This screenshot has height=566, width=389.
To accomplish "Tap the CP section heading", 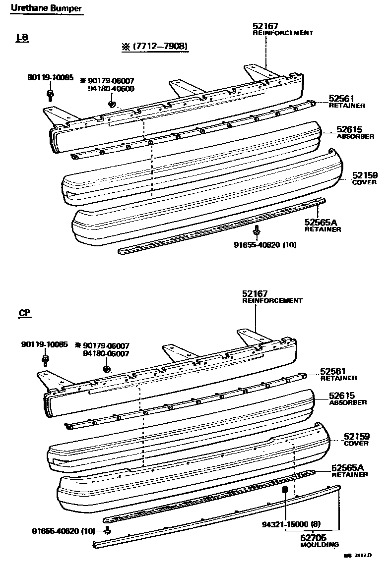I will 25,313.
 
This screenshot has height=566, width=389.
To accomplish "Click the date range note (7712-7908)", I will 155,47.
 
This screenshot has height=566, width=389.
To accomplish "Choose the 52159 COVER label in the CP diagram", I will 356,440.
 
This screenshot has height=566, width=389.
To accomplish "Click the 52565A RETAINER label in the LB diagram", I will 323,226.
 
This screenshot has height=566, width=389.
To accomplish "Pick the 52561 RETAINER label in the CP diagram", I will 338,374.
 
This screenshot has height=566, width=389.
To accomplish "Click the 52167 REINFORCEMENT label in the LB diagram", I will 282,29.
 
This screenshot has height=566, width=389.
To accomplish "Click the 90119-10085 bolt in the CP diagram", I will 45,360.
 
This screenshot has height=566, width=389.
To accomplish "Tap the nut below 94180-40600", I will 112,104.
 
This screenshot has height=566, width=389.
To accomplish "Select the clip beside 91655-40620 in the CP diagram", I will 108,531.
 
